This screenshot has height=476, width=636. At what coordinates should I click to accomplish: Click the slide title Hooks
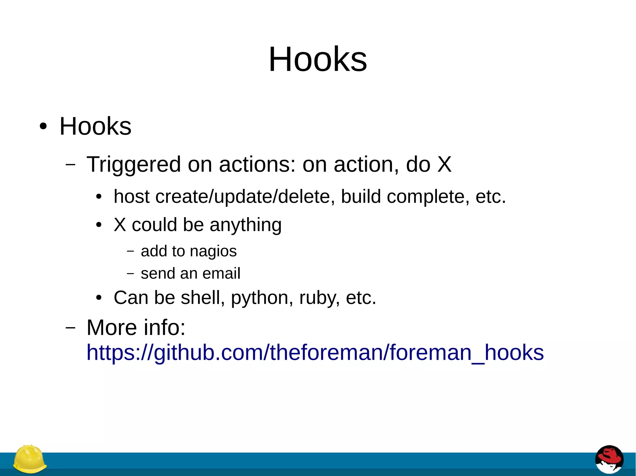click(318, 59)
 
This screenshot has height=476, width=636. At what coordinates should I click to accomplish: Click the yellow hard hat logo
click(30, 459)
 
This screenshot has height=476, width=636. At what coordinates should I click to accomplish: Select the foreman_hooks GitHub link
click(315, 353)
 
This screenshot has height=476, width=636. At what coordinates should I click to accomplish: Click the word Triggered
click(134, 164)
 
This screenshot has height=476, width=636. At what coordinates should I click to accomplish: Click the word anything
click(245, 225)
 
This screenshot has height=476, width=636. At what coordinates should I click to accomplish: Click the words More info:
click(136, 327)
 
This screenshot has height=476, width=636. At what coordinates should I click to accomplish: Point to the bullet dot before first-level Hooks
click(43, 127)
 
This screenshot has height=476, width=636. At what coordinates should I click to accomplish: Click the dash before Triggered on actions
click(70, 164)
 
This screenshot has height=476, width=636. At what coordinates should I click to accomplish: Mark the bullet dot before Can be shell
click(99, 298)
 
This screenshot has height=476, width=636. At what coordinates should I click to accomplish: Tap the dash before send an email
click(130, 274)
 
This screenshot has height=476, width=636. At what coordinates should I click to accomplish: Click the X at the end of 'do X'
click(444, 164)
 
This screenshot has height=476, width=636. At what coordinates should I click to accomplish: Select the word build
click(361, 197)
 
